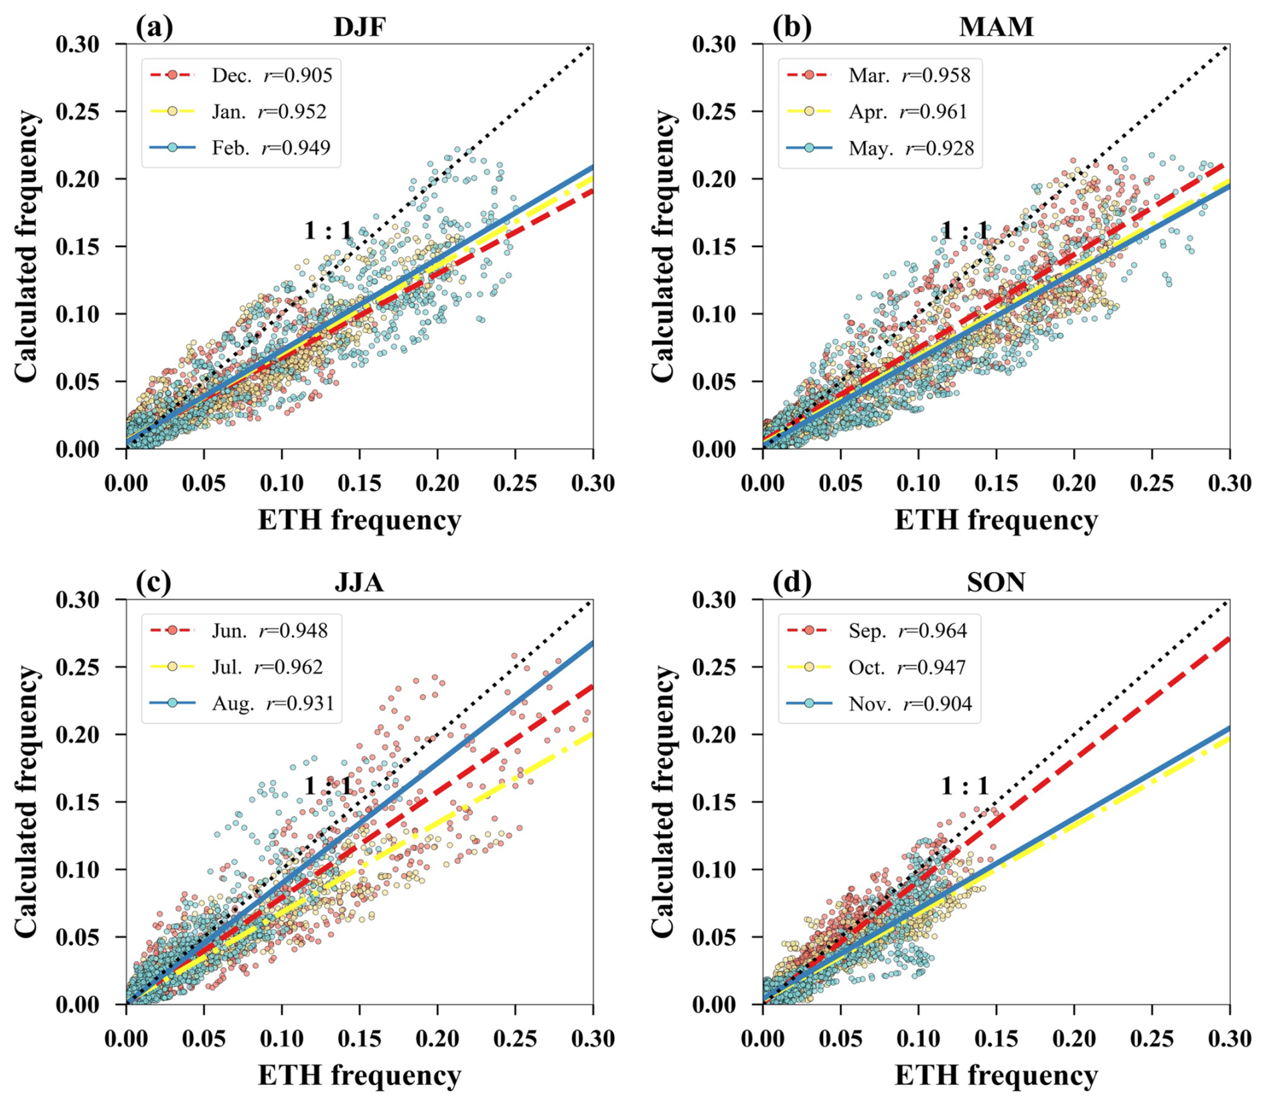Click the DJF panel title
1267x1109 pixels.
tap(360, 27)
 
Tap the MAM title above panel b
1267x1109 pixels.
tap(996, 27)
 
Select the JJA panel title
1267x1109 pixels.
tap(360, 583)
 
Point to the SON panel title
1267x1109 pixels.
tap(996, 583)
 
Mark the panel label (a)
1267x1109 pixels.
tap(154, 27)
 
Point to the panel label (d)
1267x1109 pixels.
tap(792, 583)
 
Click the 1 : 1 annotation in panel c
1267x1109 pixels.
tap(328, 786)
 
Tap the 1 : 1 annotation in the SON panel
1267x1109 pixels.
tap(964, 786)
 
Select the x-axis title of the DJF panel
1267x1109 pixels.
tap(360, 520)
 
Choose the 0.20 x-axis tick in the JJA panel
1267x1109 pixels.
tap(437, 1039)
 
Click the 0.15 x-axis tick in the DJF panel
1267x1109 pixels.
tap(360, 484)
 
